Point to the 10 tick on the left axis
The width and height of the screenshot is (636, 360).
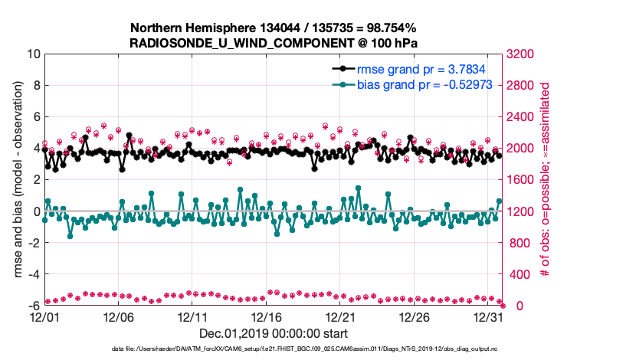33,54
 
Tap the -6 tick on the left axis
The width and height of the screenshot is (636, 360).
33,306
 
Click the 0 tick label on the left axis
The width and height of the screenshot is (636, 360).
36,211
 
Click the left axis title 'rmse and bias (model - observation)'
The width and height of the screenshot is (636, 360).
15,180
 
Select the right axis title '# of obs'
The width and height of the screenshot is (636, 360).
546,180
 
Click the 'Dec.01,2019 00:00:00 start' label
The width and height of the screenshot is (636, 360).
273,334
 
